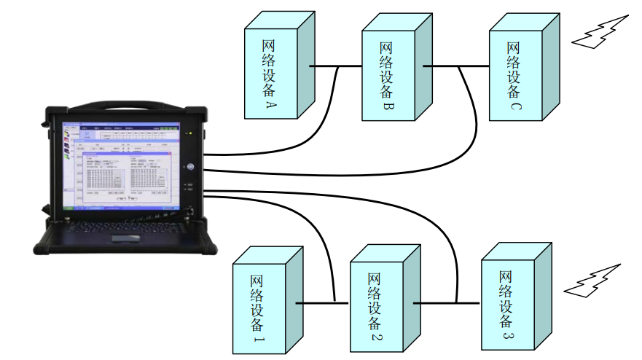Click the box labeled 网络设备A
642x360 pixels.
coord(270,69)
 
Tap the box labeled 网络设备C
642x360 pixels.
coord(514,69)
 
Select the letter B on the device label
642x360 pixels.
coord(388,107)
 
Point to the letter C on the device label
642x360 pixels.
coord(515,106)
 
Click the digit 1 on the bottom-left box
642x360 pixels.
coord(258,340)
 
